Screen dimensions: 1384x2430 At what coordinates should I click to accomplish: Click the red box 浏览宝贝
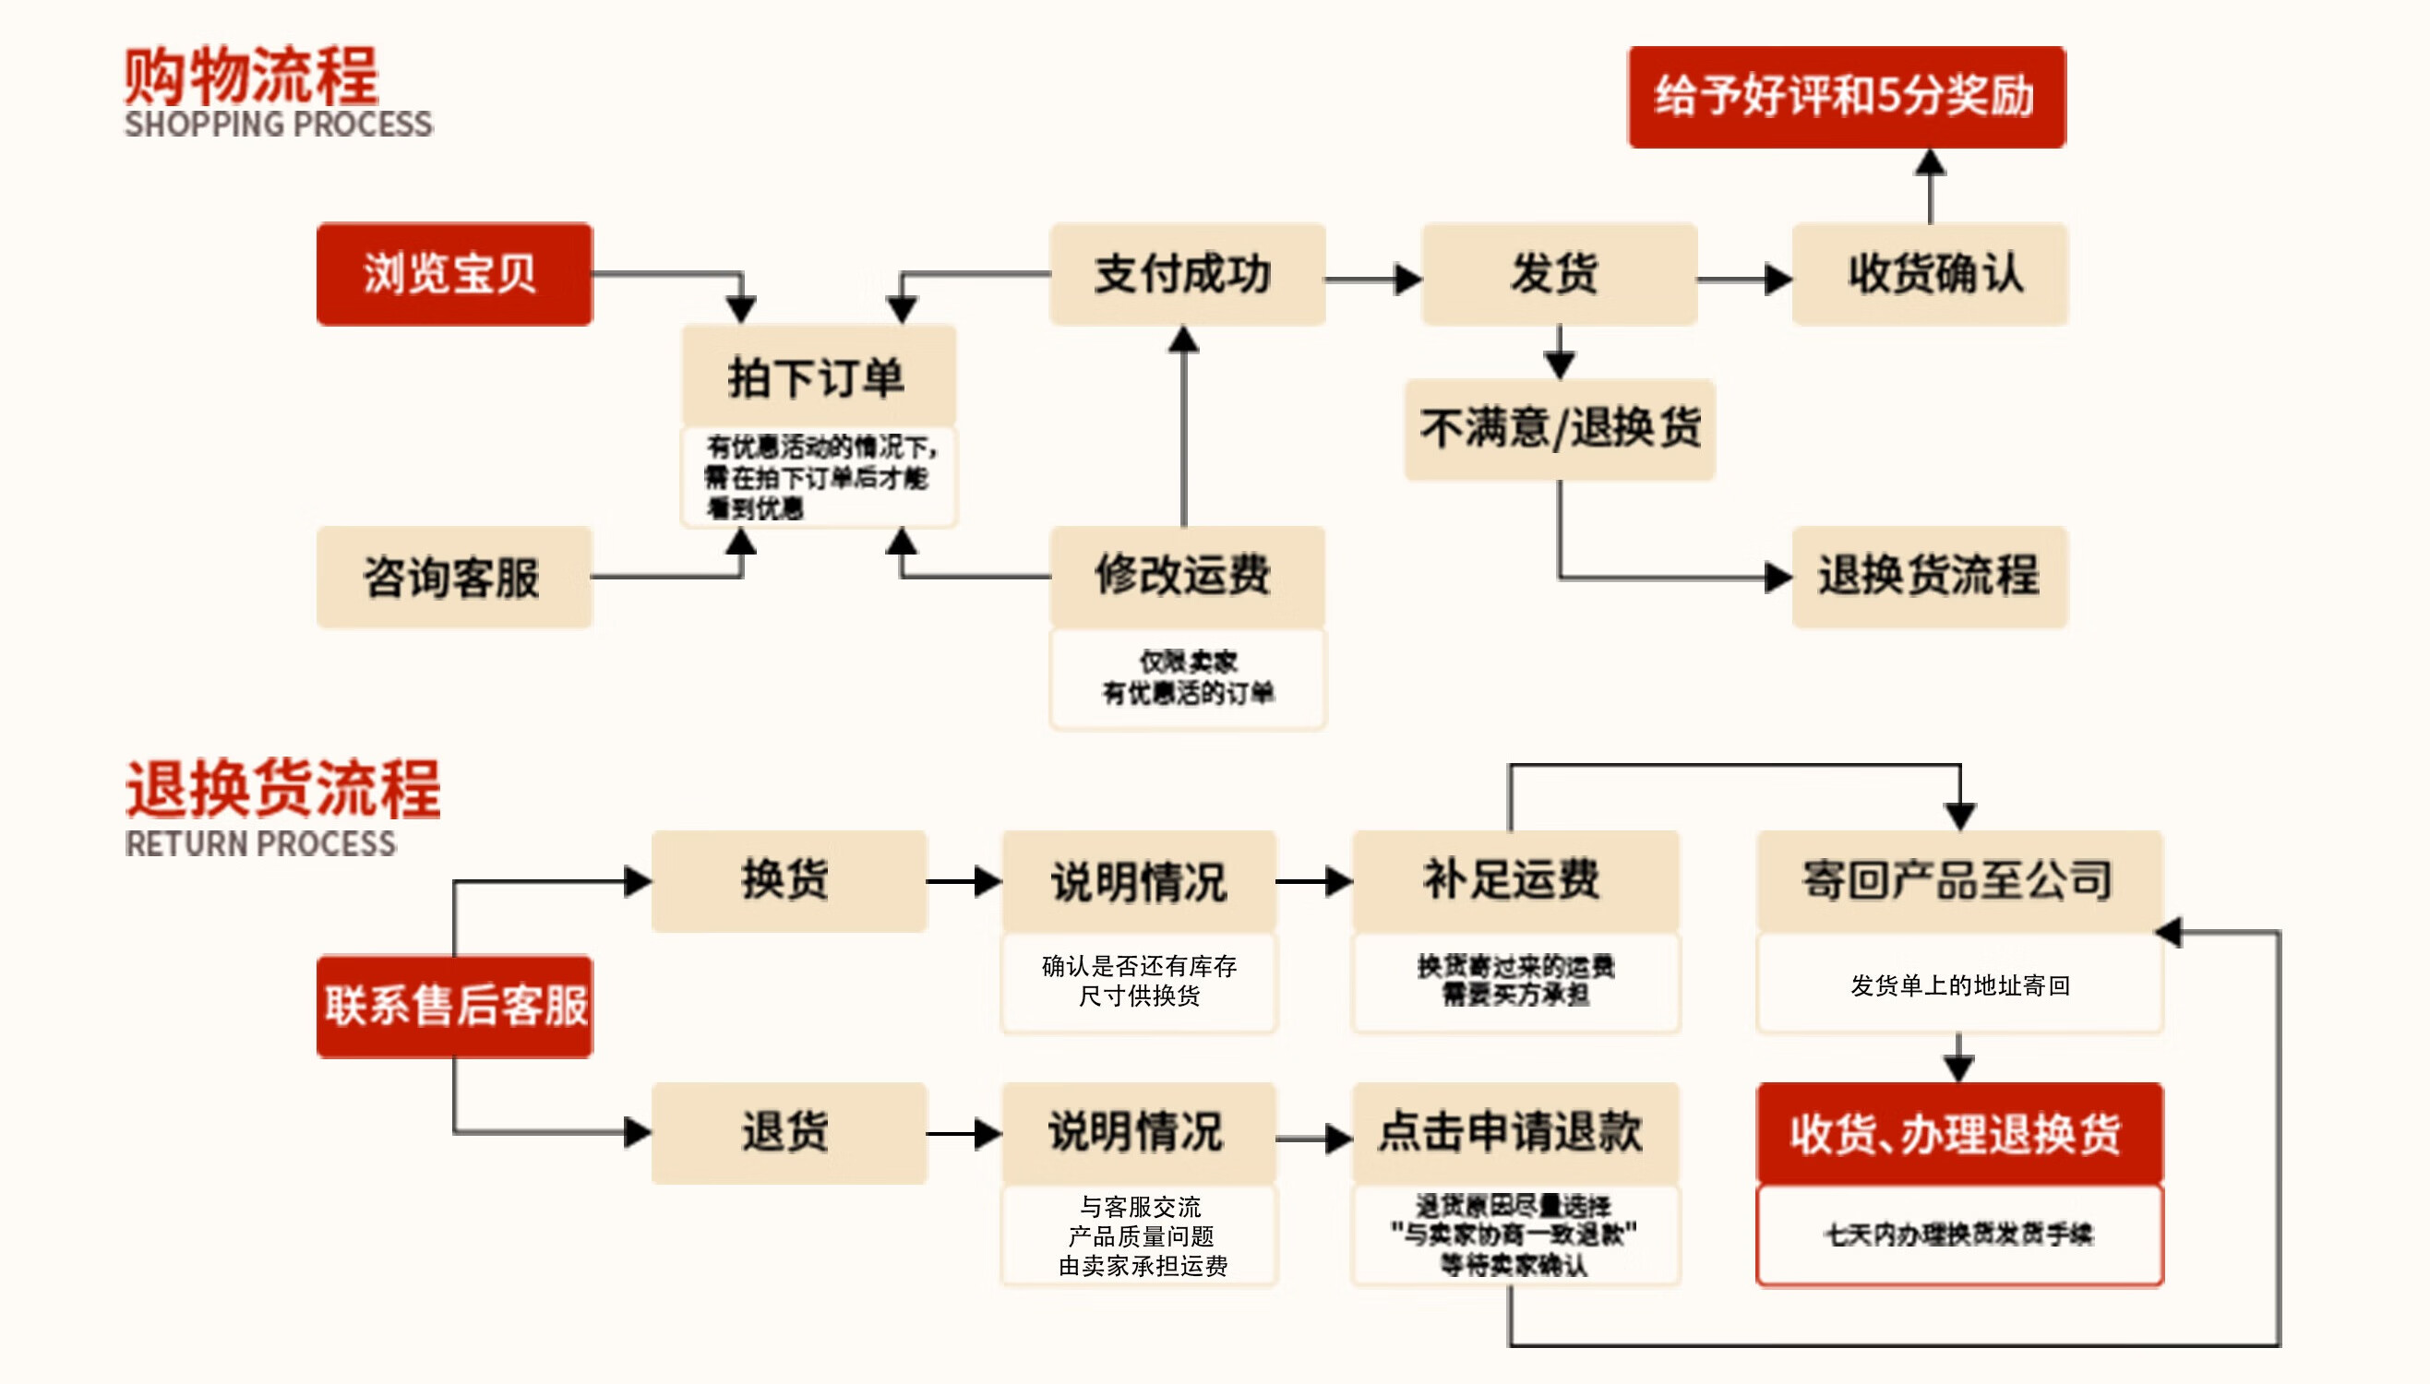[454, 274]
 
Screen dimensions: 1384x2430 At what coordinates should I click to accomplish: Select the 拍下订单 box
[819, 376]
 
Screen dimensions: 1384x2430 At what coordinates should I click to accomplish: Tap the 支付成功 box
[1187, 274]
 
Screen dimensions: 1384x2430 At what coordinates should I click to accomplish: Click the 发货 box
[1558, 274]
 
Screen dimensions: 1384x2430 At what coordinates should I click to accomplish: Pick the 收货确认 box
[1929, 274]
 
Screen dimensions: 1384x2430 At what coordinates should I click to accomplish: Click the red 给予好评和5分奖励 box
[1847, 97]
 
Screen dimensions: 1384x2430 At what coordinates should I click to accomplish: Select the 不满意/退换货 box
[1560, 429]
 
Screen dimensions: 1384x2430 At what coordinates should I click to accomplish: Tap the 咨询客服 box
[454, 577]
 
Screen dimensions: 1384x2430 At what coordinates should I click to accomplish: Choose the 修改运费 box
[1187, 577]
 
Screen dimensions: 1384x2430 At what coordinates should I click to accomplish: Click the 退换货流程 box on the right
[1929, 577]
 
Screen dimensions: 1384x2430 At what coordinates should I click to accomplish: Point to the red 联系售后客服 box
[454, 1006]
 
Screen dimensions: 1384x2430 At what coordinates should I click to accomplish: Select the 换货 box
[788, 880]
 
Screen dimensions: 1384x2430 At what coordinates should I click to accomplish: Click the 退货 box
[788, 1132]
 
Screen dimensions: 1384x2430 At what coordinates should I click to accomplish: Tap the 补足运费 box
[1514, 880]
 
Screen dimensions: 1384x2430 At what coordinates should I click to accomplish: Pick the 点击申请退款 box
[1514, 1132]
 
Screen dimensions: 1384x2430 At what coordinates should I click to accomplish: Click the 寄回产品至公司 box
[1958, 880]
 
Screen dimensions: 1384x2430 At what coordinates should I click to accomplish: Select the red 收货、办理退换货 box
[1958, 1133]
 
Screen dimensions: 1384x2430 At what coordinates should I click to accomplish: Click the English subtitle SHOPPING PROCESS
[278, 125]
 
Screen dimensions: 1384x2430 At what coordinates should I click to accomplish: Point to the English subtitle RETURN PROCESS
[260, 844]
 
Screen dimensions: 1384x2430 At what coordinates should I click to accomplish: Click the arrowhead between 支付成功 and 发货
[1408, 280]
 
